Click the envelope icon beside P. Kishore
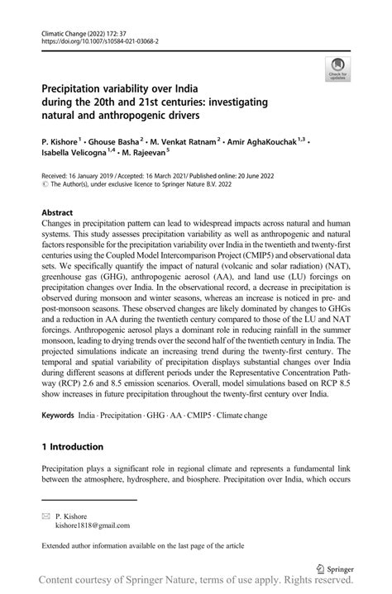click(47, 516)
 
